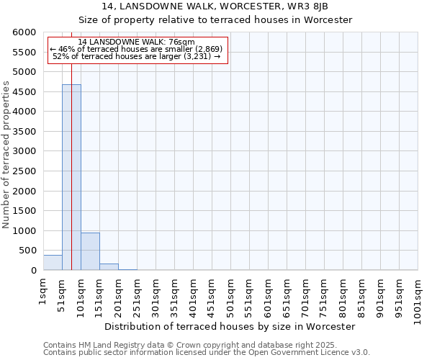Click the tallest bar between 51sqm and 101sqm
71,177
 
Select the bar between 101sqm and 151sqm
90,251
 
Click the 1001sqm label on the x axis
418,297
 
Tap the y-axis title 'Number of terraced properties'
6,155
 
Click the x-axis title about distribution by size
230,326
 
